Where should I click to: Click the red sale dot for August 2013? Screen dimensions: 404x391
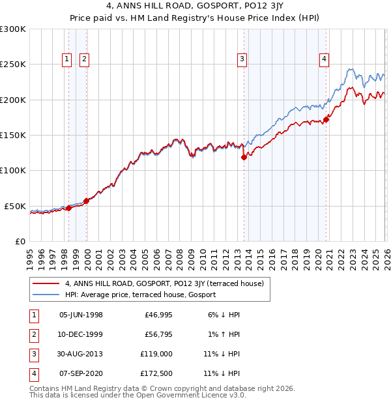pos(244,157)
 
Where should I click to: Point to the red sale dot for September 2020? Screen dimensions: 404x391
pos(326,119)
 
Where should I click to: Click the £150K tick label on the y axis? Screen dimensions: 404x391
pos(13,135)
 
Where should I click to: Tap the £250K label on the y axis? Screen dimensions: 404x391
pos(13,65)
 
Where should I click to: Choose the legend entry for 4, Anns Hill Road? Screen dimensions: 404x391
pos(164,283)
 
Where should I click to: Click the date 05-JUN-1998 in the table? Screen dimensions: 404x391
pos(81,315)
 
